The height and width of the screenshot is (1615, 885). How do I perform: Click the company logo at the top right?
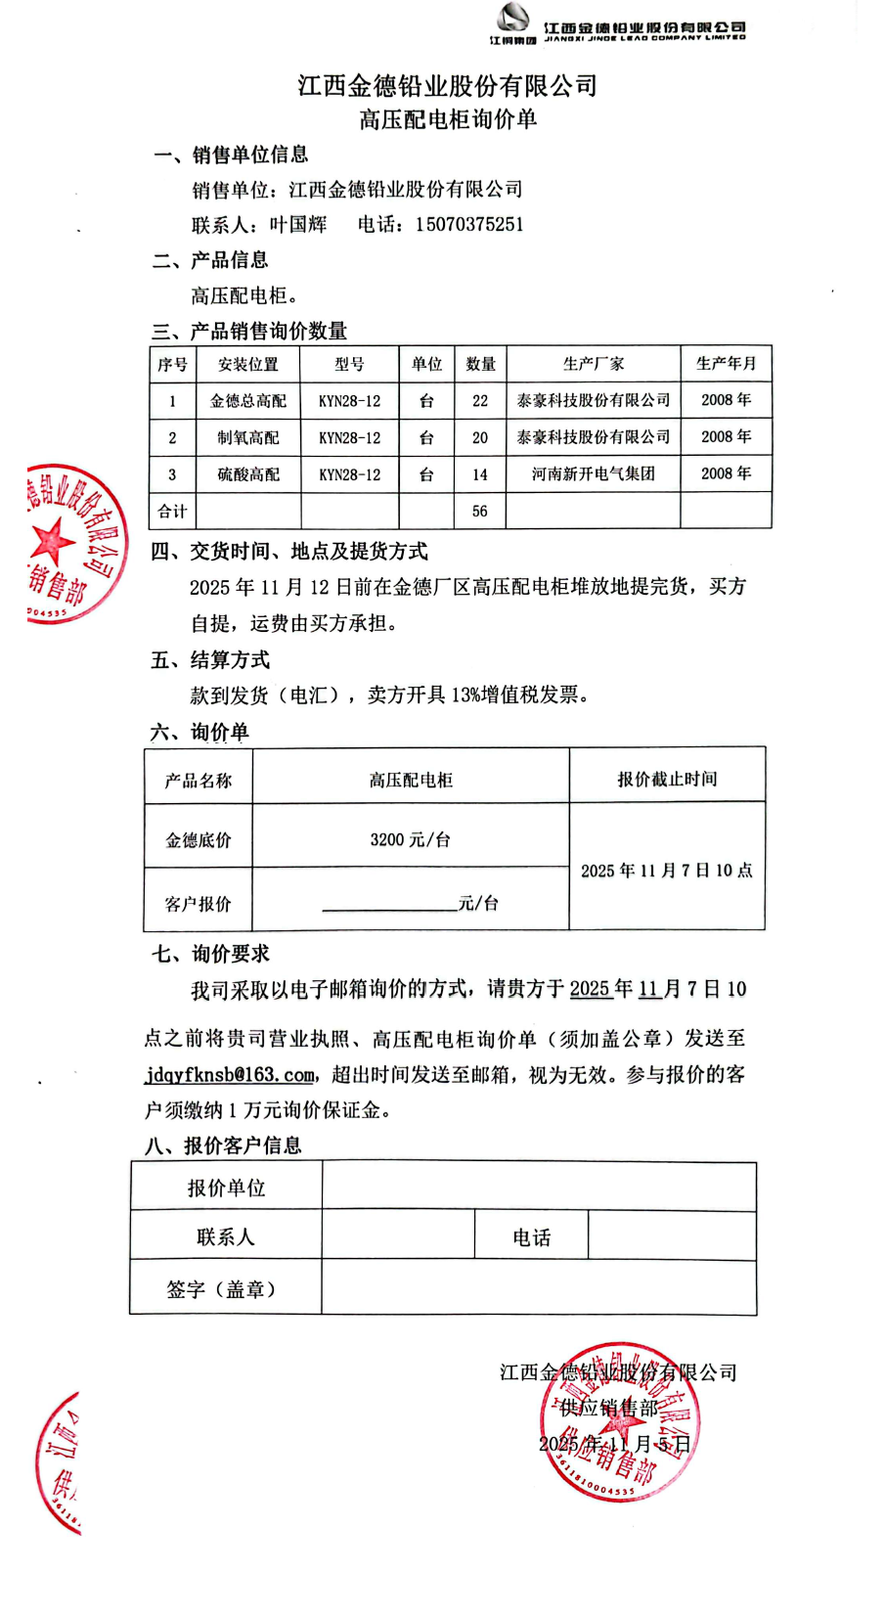(x=512, y=22)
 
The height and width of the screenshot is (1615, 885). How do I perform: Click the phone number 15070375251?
(x=469, y=225)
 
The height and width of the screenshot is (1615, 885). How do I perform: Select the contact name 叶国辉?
(x=298, y=225)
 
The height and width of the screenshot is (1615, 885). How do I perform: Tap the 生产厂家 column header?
(x=593, y=364)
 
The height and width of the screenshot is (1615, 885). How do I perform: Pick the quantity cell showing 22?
(x=480, y=401)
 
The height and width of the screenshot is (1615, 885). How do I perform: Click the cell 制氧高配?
(x=248, y=438)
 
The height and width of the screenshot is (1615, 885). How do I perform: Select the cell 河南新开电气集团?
(x=593, y=474)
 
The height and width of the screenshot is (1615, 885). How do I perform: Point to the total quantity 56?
(x=480, y=512)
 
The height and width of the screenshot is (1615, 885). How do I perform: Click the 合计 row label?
(x=172, y=512)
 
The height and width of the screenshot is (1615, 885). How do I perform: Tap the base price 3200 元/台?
(x=411, y=839)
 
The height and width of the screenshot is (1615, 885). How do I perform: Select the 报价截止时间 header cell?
(x=667, y=779)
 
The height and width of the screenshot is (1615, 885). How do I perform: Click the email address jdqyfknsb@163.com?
(x=230, y=1075)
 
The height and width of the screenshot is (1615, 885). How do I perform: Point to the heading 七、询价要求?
(x=210, y=954)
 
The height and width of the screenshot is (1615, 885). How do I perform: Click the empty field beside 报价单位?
(x=539, y=1188)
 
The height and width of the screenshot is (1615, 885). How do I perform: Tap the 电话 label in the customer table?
(x=531, y=1237)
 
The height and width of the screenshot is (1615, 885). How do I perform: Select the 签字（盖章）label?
(x=225, y=1289)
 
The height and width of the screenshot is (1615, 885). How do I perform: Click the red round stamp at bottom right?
(x=620, y=1422)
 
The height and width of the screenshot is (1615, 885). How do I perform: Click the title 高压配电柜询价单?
(x=448, y=119)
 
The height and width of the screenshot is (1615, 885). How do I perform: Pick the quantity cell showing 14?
(x=480, y=475)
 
